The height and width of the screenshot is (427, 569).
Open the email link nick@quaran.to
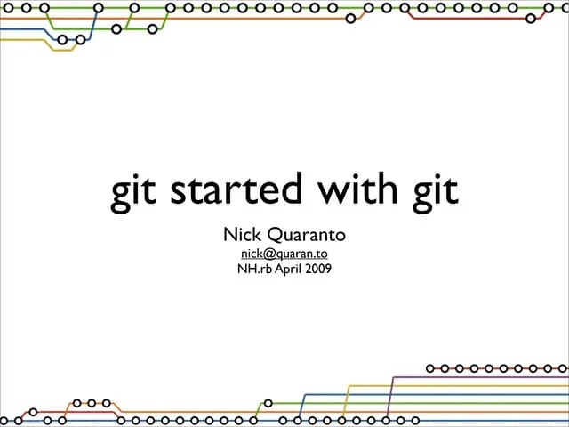tap(284, 253)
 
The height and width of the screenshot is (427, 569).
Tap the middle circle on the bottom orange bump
tap(92, 403)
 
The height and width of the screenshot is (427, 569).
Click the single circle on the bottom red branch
tap(34, 412)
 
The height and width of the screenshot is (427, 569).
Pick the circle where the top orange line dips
tap(349, 17)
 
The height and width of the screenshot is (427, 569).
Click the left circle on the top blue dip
tap(62, 39)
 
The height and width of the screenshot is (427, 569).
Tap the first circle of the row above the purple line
tap(430, 367)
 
